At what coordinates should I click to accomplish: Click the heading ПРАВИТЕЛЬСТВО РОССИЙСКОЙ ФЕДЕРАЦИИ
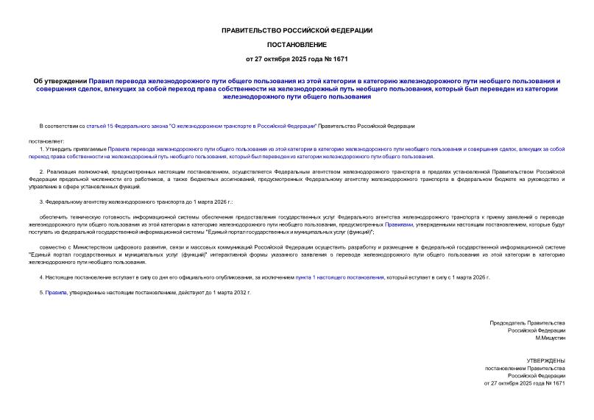point(297,30)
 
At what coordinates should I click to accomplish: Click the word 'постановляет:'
point(46,140)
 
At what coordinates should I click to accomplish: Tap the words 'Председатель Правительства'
point(527,323)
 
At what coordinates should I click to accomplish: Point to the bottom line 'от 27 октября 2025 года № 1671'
point(523,383)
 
